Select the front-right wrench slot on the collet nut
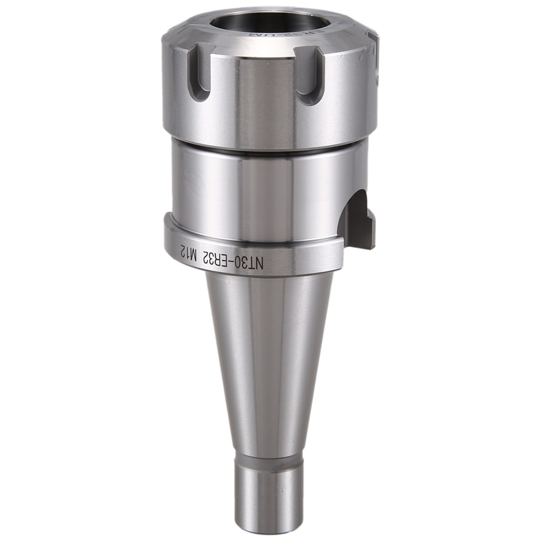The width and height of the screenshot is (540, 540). [311, 78]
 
